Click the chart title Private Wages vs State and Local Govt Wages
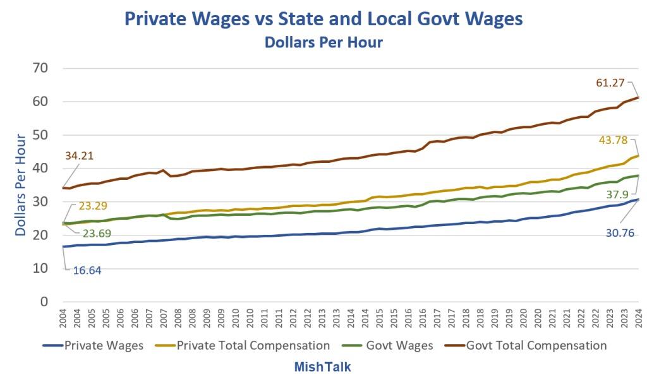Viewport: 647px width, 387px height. coord(323,18)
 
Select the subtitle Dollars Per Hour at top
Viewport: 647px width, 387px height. coord(323,42)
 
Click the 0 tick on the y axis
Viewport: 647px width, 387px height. coord(44,302)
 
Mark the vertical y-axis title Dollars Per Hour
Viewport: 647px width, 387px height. coord(21,184)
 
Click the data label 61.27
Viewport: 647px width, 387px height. coord(611,83)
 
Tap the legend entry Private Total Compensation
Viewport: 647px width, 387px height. coord(253,345)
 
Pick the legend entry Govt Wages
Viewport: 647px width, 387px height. coord(402,345)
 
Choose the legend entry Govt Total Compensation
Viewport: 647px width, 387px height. coord(536,345)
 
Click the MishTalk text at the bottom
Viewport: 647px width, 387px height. coord(322,367)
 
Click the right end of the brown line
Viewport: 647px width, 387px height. coord(639,97)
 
